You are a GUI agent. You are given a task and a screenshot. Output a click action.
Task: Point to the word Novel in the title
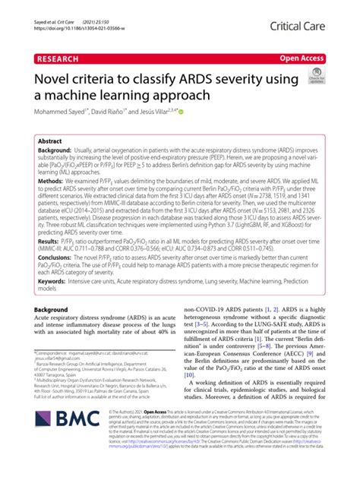(x=53, y=77)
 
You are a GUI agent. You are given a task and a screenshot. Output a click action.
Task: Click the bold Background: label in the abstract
(x=58, y=152)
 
